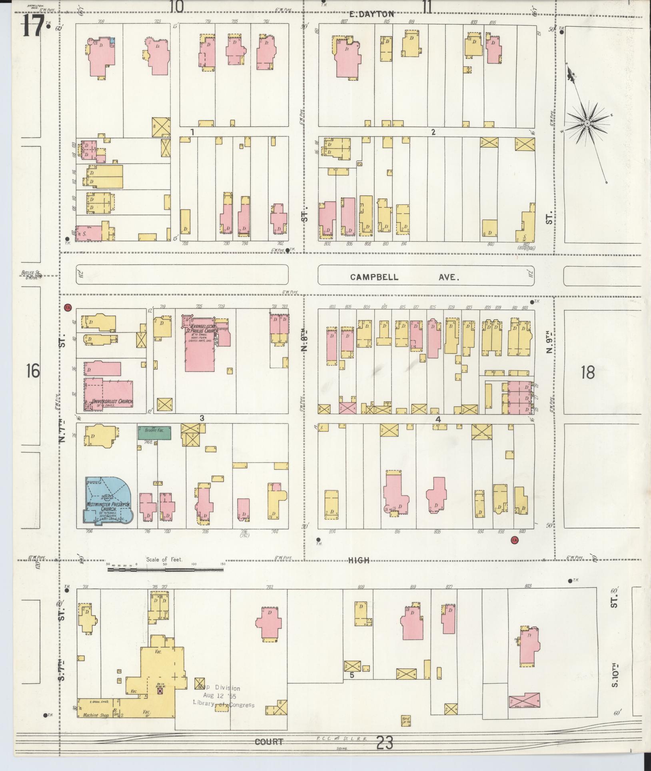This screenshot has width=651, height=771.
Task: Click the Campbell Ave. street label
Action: (404, 277)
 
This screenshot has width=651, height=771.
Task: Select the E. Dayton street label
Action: (371, 14)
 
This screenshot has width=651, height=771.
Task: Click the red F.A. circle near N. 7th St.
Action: (68, 307)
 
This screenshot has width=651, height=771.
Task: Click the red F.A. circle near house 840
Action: (514, 541)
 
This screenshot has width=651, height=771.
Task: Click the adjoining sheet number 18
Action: (587, 372)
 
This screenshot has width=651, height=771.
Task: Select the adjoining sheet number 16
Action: (33, 370)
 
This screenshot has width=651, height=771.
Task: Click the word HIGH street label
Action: (358, 561)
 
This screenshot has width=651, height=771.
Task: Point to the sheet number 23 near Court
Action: (384, 743)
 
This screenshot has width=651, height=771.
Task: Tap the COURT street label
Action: (269, 741)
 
